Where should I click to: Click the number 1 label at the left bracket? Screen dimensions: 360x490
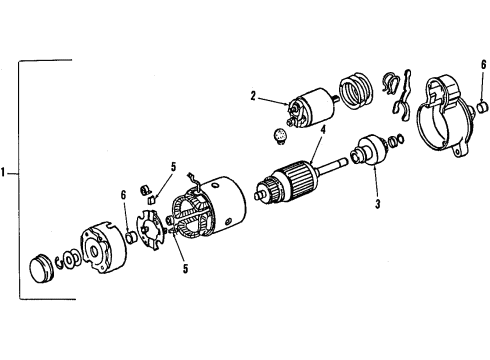click(x=6, y=173)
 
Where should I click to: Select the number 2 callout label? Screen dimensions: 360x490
click(x=254, y=97)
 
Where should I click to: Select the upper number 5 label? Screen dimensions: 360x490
click(x=173, y=167)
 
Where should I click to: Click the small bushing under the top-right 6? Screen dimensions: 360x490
click(x=482, y=107)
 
